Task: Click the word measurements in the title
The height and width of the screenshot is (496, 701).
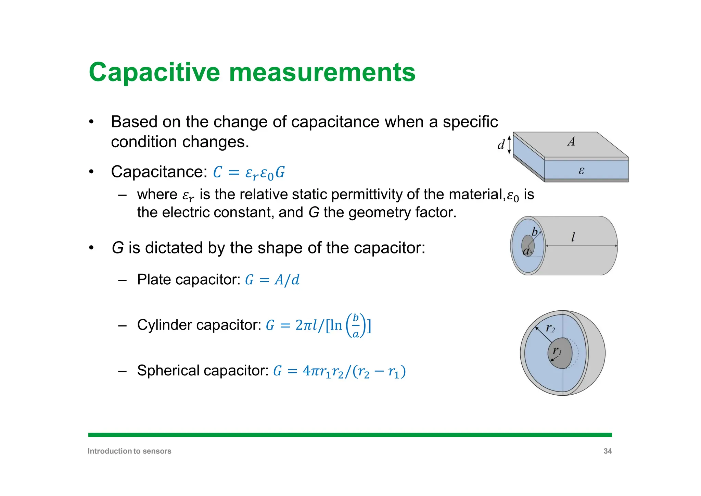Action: point(322,72)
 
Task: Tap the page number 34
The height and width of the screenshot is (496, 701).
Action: point(608,451)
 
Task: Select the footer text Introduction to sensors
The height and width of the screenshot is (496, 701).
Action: point(129,451)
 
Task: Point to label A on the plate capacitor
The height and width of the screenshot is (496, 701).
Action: point(571,141)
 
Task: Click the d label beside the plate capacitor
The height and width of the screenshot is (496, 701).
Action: point(501,145)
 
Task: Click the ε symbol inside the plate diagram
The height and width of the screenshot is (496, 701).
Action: point(581,170)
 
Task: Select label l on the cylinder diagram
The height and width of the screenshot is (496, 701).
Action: point(573,236)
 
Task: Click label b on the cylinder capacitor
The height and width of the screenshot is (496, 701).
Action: point(534,232)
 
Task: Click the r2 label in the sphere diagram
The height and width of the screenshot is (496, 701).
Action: point(550,328)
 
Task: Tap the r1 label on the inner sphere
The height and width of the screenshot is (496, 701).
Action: point(557,351)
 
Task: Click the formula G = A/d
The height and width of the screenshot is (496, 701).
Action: point(272,280)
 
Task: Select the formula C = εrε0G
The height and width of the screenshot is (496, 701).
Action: point(249,172)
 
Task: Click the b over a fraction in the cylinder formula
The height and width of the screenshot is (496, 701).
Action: point(356,325)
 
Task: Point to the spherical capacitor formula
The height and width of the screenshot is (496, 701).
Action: point(339,371)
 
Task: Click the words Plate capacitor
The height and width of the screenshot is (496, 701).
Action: point(189,280)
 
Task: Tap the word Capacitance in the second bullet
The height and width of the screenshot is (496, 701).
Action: point(159,172)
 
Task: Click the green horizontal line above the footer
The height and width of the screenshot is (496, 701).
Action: point(350,435)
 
